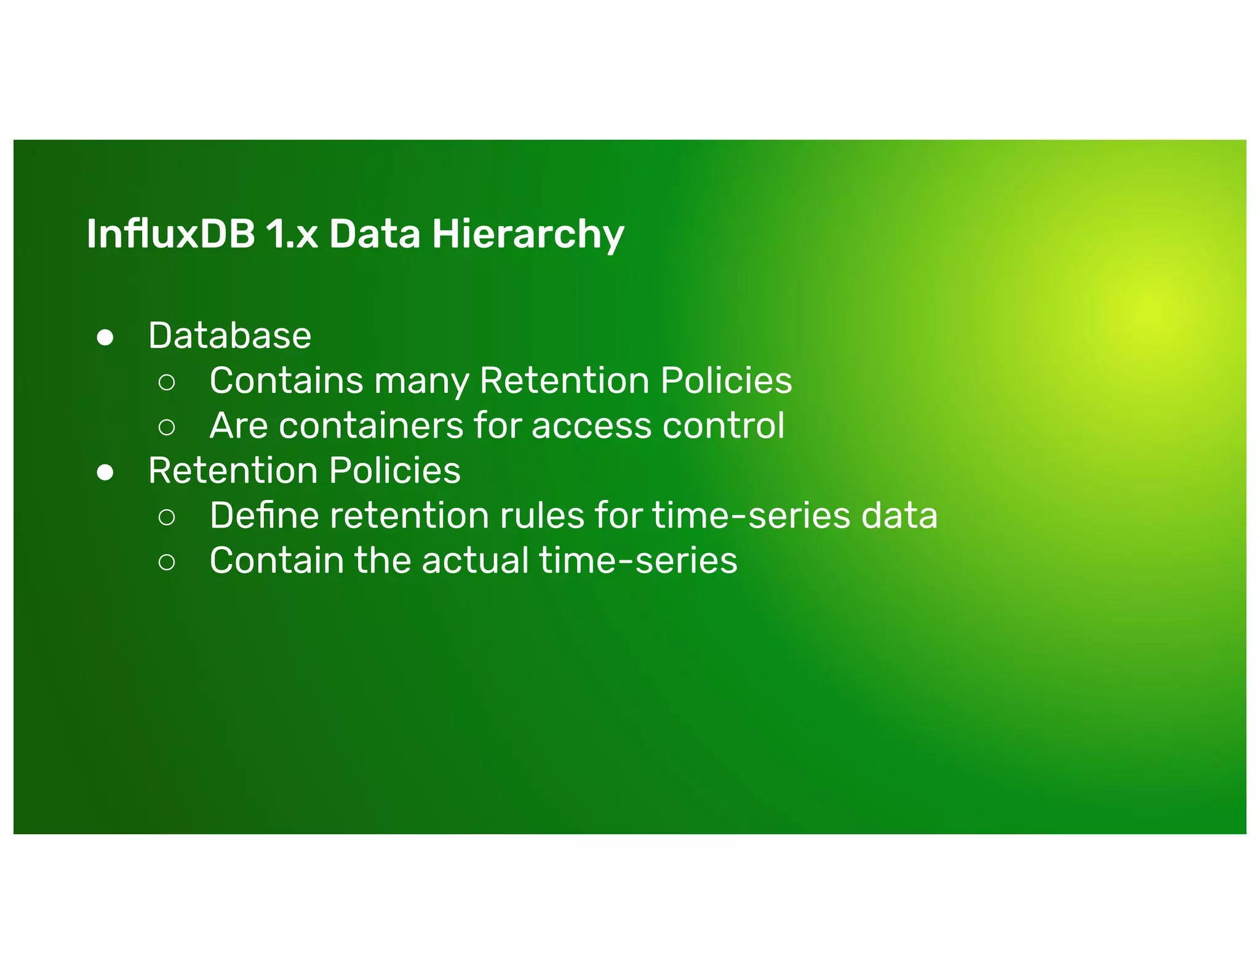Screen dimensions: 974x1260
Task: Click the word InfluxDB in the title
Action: click(170, 234)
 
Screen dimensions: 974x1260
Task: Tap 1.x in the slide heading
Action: click(292, 234)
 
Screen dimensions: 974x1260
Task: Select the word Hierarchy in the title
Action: click(527, 234)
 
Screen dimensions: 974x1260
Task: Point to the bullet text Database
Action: click(229, 336)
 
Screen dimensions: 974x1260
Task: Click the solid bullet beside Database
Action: click(105, 337)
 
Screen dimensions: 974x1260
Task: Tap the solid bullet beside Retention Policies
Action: click(105, 472)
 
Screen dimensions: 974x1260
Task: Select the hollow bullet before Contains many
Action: click(167, 382)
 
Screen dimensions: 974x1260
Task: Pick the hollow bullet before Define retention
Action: click(167, 517)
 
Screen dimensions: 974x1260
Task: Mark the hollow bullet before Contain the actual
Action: click(167, 562)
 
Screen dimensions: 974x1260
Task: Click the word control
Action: click(724, 425)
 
